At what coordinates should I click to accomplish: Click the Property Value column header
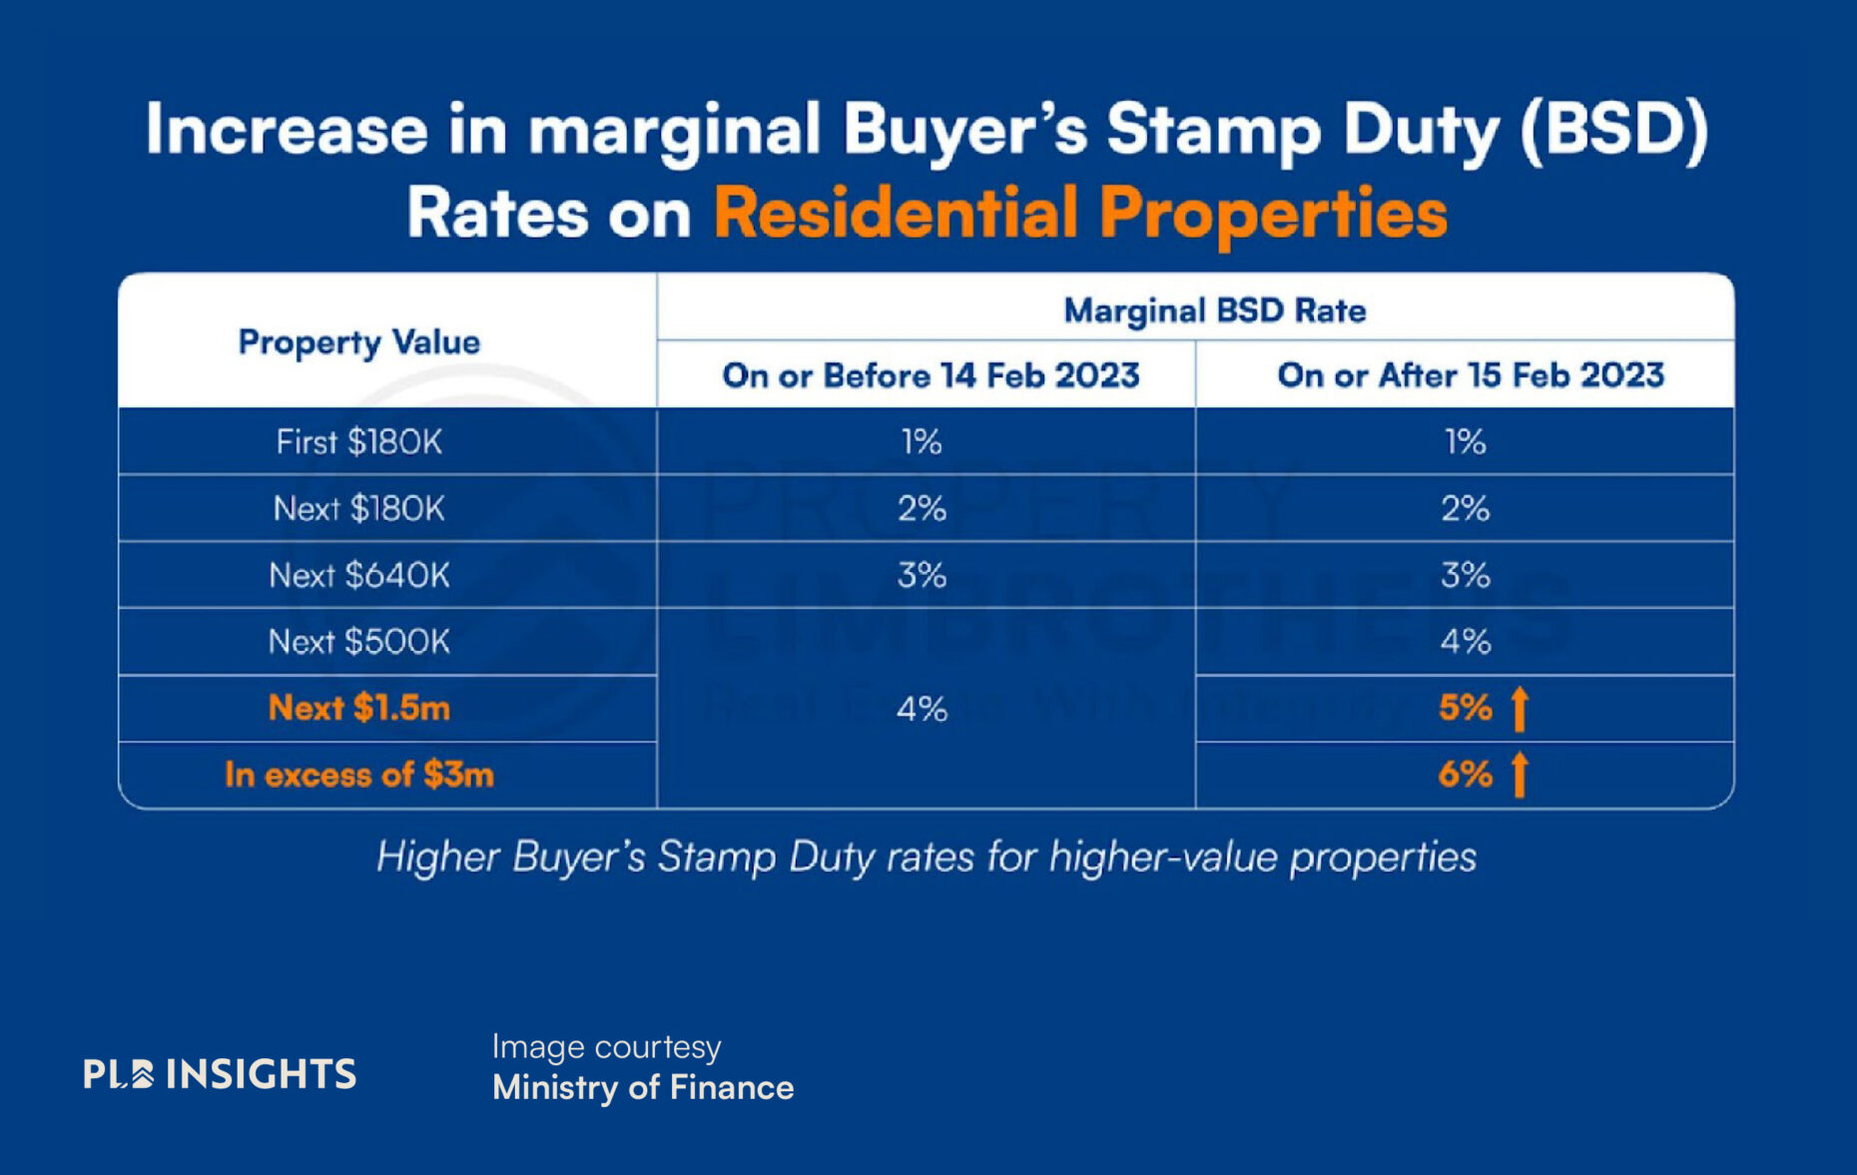point(358,342)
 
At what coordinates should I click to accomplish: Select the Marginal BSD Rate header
point(1214,310)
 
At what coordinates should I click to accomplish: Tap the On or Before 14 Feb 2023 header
point(929,375)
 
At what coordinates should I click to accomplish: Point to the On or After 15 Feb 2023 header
point(1470,375)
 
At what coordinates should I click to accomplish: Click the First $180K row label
point(358,441)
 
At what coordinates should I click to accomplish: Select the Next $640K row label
point(358,575)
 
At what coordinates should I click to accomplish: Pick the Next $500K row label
point(358,641)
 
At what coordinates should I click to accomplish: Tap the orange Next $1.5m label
point(358,708)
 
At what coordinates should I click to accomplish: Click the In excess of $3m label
point(358,775)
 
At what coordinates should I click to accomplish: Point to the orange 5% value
point(1465,708)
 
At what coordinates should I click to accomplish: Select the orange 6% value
point(1465,775)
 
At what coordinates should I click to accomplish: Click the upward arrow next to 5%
point(1520,708)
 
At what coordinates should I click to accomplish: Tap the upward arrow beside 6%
point(1520,775)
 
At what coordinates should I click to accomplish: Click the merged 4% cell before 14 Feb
point(921,709)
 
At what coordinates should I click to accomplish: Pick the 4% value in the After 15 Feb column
point(1465,641)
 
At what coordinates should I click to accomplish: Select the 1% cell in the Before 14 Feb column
point(921,441)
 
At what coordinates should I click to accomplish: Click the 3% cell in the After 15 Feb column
point(1465,575)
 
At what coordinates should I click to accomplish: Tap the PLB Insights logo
point(220,1073)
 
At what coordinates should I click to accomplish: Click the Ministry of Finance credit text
point(643,1087)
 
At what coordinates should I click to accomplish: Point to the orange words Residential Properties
point(1079,213)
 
